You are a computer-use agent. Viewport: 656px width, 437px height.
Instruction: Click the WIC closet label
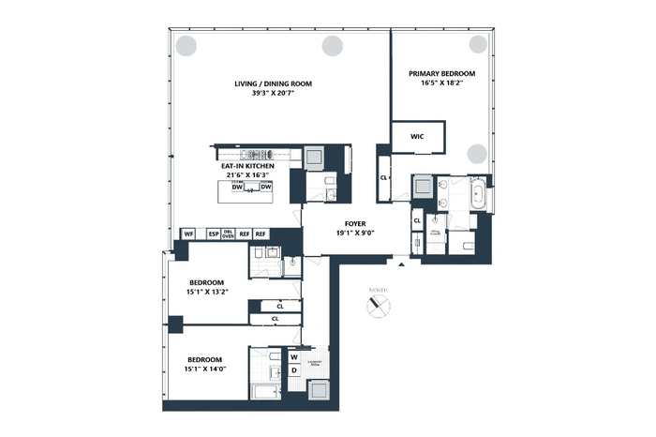[417, 137]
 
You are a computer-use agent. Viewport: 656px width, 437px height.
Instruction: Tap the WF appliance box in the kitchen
[188, 234]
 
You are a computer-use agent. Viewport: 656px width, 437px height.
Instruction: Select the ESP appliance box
[213, 234]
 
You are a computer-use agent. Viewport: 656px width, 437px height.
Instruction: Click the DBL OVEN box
[228, 234]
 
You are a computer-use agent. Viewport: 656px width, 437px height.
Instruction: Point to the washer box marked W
[293, 357]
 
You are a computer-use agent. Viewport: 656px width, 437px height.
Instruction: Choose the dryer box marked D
[293, 371]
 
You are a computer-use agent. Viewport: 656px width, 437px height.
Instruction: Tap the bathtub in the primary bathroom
[477, 198]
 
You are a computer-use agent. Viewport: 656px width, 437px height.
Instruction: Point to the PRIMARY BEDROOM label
[441, 73]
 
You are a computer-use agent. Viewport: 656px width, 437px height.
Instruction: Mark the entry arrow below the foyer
[402, 266]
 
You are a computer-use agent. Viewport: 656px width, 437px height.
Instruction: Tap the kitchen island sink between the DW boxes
[250, 188]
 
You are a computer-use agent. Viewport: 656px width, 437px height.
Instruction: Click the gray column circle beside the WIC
[477, 154]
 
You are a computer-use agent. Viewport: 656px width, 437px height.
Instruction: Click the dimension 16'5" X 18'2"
[441, 83]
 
